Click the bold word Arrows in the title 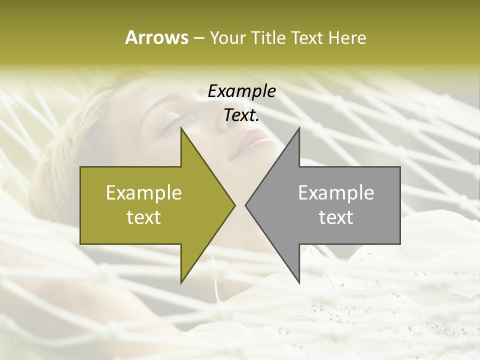click(156, 37)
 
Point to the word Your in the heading click(228, 38)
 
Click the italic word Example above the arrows click(241, 91)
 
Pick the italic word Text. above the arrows click(241, 115)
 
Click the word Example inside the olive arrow click(144, 193)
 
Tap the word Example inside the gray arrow click(336, 193)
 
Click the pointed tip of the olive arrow click(234, 205)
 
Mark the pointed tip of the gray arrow click(245, 205)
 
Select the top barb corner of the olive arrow click(181, 127)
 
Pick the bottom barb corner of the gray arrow click(299, 283)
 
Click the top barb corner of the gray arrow click(299, 127)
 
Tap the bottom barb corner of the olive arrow click(181, 283)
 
